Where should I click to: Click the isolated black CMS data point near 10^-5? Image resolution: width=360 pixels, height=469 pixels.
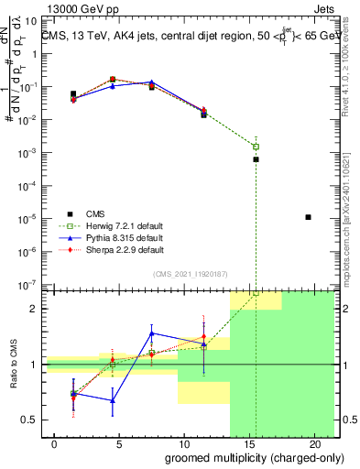tap(308, 217)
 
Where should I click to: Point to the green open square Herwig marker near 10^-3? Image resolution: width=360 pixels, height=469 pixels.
tap(256, 147)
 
